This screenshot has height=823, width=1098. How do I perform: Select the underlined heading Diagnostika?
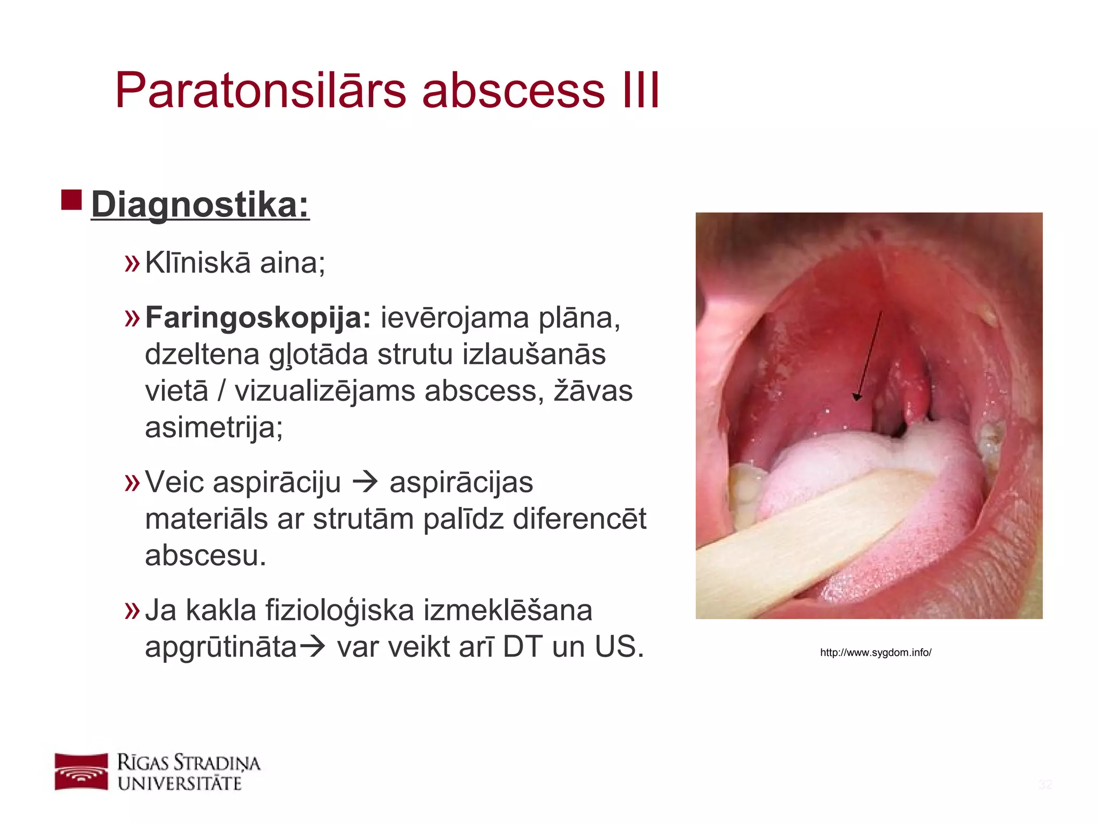[200, 205]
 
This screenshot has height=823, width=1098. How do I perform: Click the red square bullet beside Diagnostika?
[71, 199]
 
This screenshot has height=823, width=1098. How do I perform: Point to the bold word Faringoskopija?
[258, 317]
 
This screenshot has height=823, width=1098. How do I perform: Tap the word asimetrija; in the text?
[213, 428]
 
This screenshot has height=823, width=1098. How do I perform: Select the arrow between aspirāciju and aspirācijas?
[365, 482]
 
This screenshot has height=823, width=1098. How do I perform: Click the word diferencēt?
[579, 519]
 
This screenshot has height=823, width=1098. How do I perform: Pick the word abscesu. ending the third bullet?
[205, 555]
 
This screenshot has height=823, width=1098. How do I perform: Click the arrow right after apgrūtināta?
[312, 647]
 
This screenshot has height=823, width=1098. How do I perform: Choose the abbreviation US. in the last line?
[619, 647]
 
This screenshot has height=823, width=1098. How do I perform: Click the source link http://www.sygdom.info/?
[876, 653]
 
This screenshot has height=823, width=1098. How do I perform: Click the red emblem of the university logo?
[81, 772]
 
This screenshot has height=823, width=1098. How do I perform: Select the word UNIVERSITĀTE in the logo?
[180, 783]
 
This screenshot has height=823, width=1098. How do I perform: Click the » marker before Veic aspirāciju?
[132, 482]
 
